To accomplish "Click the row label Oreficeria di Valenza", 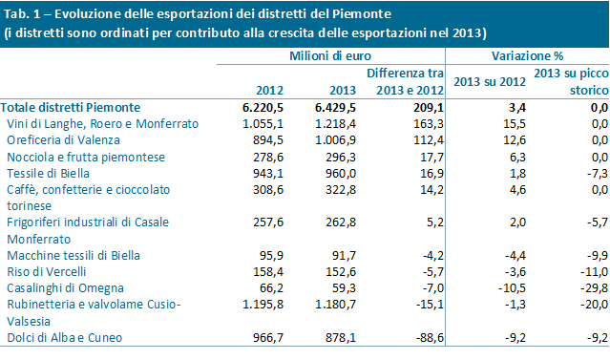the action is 63,140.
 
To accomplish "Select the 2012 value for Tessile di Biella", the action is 268,173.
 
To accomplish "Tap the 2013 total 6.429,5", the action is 335,107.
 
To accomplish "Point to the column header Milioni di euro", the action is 330,56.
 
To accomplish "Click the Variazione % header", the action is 527,56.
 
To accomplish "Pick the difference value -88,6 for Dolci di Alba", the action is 429,337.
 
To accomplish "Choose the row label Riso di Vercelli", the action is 46,271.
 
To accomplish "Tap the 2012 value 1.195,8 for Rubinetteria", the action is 263,305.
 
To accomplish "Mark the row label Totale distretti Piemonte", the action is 71,107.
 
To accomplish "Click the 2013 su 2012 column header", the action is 490,82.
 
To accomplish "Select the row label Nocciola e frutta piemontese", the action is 86,157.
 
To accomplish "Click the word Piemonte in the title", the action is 362,14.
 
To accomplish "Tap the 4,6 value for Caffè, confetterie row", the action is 517,189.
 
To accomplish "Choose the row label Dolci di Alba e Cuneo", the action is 65,337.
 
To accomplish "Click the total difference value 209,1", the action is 429,107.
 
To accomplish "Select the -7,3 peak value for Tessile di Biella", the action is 598,173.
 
